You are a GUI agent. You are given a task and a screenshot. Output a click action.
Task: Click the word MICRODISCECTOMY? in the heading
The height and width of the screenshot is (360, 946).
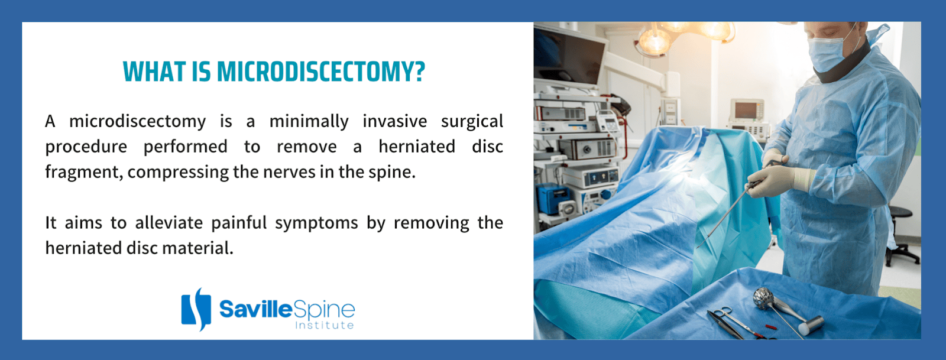click(x=321, y=72)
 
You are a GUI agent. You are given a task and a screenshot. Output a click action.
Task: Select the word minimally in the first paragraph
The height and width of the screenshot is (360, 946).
click(x=309, y=122)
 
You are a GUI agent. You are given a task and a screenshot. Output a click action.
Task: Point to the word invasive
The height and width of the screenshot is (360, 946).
click(x=395, y=122)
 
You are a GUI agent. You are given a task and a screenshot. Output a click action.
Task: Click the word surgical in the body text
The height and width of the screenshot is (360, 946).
click(x=472, y=122)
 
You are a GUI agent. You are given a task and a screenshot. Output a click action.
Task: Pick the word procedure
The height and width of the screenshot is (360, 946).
click(x=86, y=147)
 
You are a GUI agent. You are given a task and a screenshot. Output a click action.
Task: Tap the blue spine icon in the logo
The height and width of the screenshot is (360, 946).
click(x=196, y=309)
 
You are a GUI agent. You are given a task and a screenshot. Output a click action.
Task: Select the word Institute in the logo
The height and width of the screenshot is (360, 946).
click(x=325, y=325)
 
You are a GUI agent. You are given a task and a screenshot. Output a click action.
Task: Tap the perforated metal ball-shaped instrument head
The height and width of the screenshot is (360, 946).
click(x=763, y=297)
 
